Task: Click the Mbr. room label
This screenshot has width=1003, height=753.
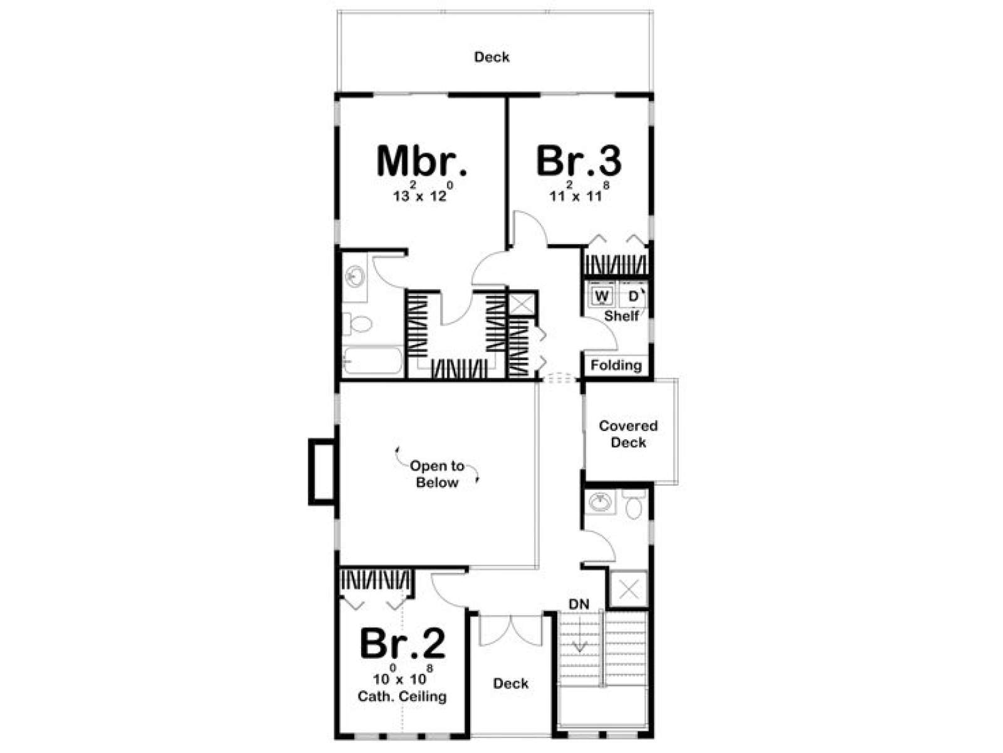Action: coord(422,161)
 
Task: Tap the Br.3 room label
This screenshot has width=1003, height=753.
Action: coord(578,161)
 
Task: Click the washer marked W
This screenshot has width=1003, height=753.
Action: coord(602,296)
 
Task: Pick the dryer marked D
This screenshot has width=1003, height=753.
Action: coord(633,296)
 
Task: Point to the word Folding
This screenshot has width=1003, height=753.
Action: coord(616,365)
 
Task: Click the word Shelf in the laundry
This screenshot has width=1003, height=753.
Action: coord(621,316)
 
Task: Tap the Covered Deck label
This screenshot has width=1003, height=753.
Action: coord(628,434)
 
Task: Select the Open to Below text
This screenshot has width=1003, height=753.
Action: coord(437,474)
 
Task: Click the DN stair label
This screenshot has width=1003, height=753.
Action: coord(579,604)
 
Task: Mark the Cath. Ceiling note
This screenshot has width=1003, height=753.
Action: coord(402,697)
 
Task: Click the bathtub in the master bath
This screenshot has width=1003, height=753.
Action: coord(372,361)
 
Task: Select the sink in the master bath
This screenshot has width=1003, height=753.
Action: coord(355,277)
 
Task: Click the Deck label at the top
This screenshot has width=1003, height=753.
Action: coord(491,57)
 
